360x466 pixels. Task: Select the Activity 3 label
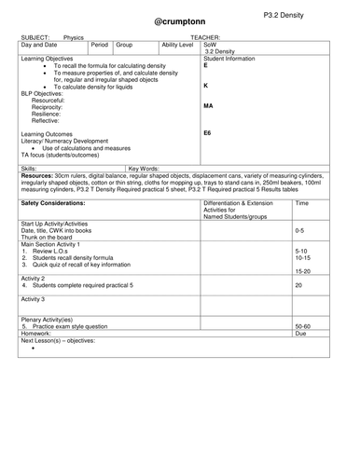point(34,299)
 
